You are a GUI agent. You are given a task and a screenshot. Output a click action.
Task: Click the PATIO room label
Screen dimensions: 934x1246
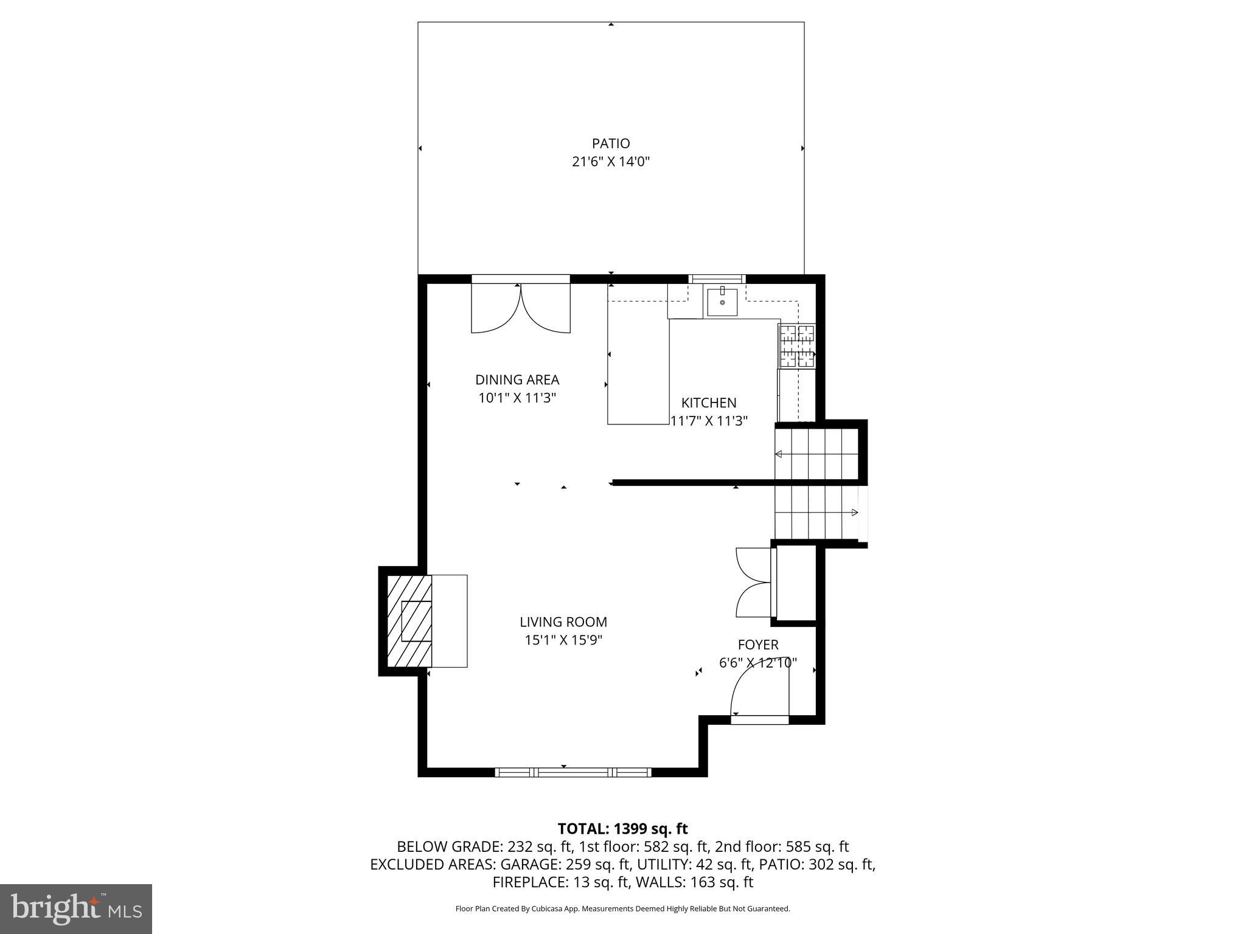pos(611,144)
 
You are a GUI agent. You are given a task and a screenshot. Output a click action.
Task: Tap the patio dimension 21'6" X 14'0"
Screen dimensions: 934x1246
pos(611,162)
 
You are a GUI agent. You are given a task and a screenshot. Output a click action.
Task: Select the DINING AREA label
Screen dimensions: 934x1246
pos(517,379)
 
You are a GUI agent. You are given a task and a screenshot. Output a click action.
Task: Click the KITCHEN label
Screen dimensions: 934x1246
pos(709,403)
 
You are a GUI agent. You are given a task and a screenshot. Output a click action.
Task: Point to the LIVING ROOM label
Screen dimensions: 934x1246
pos(563,621)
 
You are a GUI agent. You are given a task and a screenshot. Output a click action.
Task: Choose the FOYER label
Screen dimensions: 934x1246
pos(758,645)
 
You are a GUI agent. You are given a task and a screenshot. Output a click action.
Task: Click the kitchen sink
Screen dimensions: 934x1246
pos(722,302)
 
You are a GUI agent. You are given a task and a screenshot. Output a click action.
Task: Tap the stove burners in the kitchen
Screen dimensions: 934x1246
pos(797,346)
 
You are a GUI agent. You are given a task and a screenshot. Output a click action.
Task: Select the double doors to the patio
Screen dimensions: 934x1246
pos(521,310)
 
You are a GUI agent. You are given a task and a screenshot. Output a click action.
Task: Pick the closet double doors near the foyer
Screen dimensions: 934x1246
pos(753,583)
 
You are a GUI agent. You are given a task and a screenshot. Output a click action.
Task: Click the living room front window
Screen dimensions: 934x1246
pos(573,772)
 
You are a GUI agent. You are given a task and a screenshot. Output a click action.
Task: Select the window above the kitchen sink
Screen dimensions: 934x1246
pos(717,278)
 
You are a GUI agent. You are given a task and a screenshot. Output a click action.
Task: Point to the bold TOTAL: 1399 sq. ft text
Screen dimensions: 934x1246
pos(622,828)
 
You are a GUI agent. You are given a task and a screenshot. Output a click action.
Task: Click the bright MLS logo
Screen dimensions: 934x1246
pos(76,909)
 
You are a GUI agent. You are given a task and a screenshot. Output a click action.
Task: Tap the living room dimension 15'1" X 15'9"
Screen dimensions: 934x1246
pos(563,640)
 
